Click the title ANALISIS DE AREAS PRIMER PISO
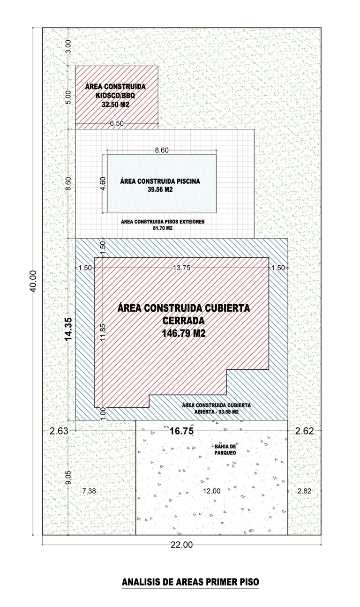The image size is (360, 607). pyautogui.click(x=190, y=582)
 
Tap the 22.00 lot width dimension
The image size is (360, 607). pyautogui.click(x=181, y=545)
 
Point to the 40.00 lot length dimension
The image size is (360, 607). pyautogui.click(x=33, y=281)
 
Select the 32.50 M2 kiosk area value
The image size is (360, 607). pyautogui.click(x=115, y=105)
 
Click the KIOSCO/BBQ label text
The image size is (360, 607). pyautogui.click(x=115, y=96)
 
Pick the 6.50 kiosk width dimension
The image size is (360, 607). pyautogui.click(x=117, y=123)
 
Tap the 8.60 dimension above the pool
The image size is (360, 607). pyautogui.click(x=162, y=150)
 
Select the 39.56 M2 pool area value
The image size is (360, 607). pyautogui.click(x=160, y=189)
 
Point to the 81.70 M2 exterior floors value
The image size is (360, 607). pyautogui.click(x=163, y=228)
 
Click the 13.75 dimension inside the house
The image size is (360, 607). pyautogui.click(x=181, y=268)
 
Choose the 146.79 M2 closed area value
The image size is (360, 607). pyautogui.click(x=184, y=333)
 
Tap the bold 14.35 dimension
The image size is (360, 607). pyautogui.click(x=68, y=329)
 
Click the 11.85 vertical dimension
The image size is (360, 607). pyautogui.click(x=103, y=332)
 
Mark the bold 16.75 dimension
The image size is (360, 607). pyautogui.click(x=181, y=431)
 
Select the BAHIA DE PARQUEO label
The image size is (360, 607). pyautogui.click(x=225, y=450)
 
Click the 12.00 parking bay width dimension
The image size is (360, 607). pyautogui.click(x=212, y=491)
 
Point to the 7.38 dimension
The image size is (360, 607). pyautogui.click(x=89, y=491)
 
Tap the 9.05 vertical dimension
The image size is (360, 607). pyautogui.click(x=68, y=477)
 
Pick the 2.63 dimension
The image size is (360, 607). pyautogui.click(x=59, y=431)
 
